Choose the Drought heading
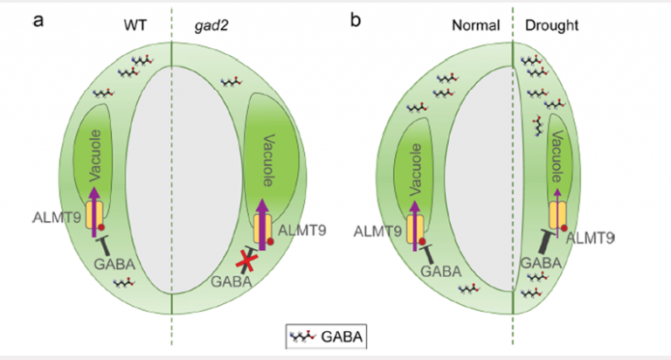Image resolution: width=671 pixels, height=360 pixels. (551, 24)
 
